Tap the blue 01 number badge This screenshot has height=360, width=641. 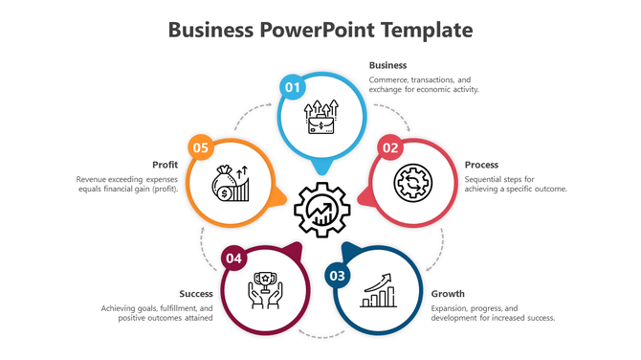coord(292,88)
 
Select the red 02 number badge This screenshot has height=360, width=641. coord(389,147)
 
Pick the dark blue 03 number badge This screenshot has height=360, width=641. coord(337,277)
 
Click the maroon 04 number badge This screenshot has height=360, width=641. coord(234,259)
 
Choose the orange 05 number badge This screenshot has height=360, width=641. coord(200,147)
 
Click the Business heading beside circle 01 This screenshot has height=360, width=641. coord(387,65)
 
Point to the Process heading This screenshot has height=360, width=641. coord(481,165)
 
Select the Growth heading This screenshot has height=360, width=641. coord(448,293)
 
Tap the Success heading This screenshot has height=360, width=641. coord(196,293)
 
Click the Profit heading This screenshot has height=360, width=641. coord(166,165)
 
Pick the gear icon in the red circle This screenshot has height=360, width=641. coord(413,182)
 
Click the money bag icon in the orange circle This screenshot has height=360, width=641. coord(231,182)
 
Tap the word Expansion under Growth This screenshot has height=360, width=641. coord(451,308)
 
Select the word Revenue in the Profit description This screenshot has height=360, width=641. coord(93,179)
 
